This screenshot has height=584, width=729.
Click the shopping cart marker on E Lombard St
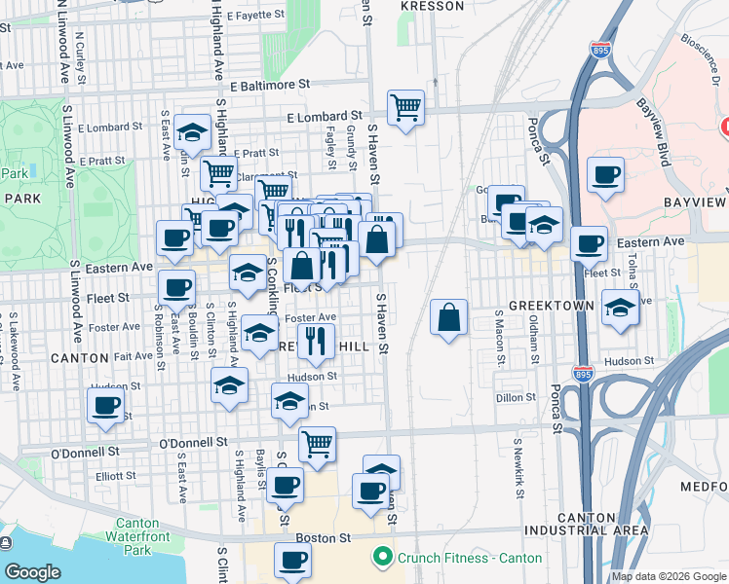[x=405, y=106]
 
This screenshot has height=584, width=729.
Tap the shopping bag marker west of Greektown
[x=448, y=316]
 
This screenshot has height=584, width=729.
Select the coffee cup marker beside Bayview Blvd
[x=606, y=175]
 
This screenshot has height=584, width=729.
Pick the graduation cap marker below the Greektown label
[x=620, y=309]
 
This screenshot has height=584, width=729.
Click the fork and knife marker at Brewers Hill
[x=314, y=341]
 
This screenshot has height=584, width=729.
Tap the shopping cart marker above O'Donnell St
[x=317, y=444]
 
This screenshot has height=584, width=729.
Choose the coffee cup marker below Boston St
[x=292, y=560]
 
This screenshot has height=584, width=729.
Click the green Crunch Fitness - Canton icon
[x=380, y=558]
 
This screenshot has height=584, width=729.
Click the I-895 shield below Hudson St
[x=583, y=373]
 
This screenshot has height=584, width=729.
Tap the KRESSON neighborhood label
[x=433, y=6]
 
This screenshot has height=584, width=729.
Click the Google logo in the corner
[x=32, y=572]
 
